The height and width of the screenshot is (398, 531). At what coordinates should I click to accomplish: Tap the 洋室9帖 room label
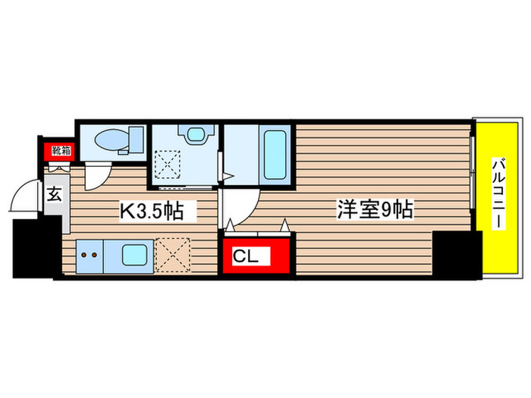point(375,210)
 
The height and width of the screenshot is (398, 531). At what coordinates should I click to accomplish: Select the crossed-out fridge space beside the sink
point(173,255)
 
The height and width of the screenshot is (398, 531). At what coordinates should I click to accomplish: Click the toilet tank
point(137,139)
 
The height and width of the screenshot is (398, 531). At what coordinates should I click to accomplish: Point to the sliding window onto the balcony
point(473,179)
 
